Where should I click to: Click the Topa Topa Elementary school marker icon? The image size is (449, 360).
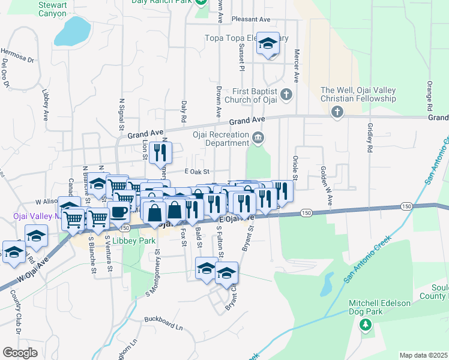point(268,43)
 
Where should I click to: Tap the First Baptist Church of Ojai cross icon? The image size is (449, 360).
point(286,94)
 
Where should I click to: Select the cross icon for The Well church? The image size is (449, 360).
point(337,112)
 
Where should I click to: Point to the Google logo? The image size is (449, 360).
point(20,353)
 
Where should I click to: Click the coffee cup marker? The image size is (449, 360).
point(119,212)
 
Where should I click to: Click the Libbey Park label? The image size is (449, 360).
point(138,241)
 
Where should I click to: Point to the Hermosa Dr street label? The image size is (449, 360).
point(17,55)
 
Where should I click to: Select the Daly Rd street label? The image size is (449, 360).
point(184,109)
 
